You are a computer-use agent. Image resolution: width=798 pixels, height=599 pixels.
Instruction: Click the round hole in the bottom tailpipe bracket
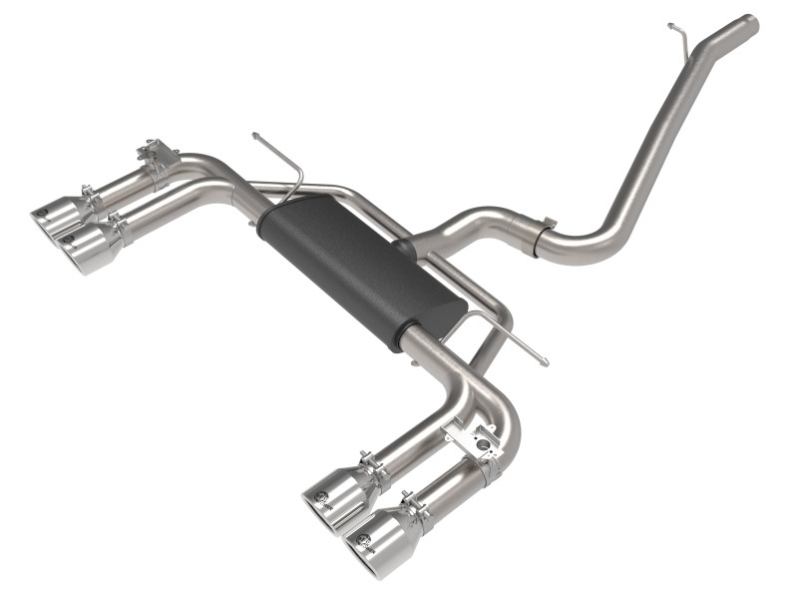483,439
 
